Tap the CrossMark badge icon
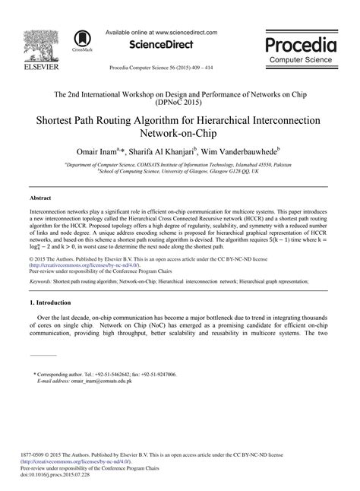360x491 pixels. pyautogui.click(x=79, y=39)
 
